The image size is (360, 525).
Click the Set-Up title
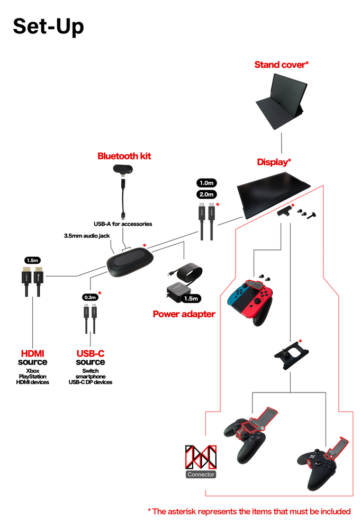tap(48, 26)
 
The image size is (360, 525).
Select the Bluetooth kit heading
tap(124, 156)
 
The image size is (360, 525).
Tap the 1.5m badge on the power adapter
tap(191, 298)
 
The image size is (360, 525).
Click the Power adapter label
tap(184, 314)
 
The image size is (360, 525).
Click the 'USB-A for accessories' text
tap(123, 224)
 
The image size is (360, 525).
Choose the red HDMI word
tap(33, 353)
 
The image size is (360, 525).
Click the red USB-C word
tap(90, 353)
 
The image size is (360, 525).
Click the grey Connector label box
tap(201, 474)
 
